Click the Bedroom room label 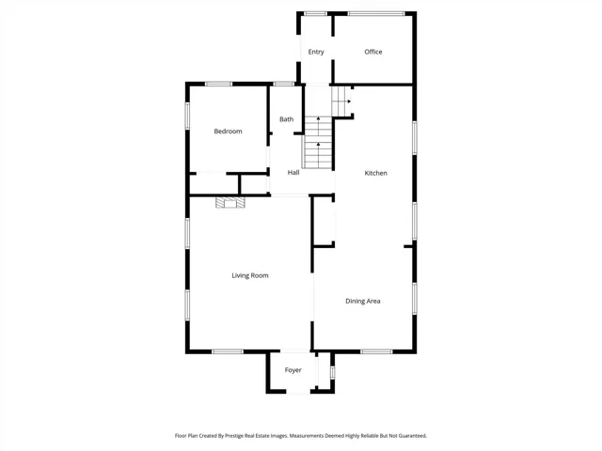(x=228, y=132)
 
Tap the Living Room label (x=250, y=275)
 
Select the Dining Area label (x=363, y=301)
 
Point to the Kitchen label (x=375, y=173)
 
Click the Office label (x=373, y=52)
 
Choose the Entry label (x=316, y=52)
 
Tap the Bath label (x=286, y=119)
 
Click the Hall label (x=293, y=173)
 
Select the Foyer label (x=293, y=370)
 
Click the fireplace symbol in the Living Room (x=230, y=203)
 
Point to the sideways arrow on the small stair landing (x=349, y=101)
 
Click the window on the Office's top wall (x=376, y=14)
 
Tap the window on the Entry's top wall (x=315, y=14)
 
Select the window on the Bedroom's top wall (x=218, y=84)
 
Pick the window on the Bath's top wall (x=284, y=84)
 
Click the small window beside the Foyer (x=332, y=372)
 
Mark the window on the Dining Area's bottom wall (x=376, y=351)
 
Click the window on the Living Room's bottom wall (x=228, y=351)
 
